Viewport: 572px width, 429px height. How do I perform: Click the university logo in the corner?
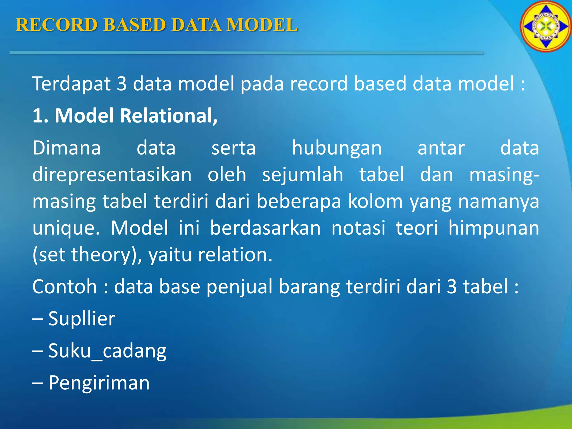[545, 27]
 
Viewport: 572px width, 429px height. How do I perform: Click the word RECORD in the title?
[56, 25]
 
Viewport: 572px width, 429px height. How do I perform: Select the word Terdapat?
[71, 84]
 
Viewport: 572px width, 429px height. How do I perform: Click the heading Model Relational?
[125, 116]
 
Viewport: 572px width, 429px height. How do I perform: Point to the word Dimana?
[66, 148]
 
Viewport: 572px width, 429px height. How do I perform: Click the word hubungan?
[337, 148]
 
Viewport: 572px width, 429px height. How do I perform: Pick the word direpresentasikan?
[112, 175]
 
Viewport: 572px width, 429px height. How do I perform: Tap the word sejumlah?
[302, 175]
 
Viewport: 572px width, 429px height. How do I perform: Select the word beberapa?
[299, 201]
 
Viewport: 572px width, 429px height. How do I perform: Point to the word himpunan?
[494, 228]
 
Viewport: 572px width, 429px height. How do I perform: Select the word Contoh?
[65, 287]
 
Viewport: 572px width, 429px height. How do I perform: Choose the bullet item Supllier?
[81, 319]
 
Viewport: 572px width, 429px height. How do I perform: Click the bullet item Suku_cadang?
[107, 351]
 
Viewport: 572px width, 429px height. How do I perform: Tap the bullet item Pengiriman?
[99, 383]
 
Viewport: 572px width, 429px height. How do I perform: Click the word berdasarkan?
[265, 228]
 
